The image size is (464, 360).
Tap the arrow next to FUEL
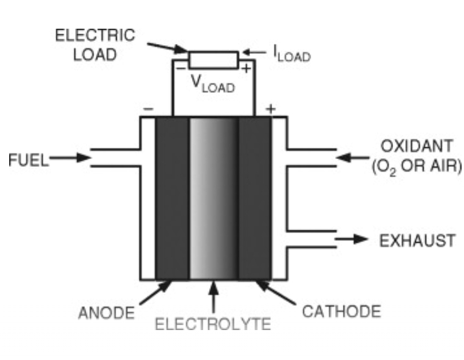(70, 158)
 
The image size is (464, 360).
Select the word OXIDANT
(416, 148)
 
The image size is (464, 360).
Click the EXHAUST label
(418, 240)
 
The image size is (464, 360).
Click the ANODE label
(106, 313)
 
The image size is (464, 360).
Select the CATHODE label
(342, 312)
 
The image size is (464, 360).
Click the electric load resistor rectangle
(213, 60)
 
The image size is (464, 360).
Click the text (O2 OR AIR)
(417, 167)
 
